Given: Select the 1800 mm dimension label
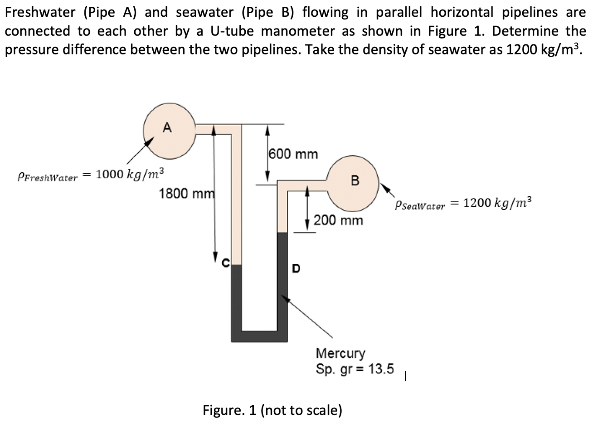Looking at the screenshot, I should [x=186, y=194].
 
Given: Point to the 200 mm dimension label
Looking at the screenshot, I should [x=338, y=220].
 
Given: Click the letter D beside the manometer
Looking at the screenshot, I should [x=296, y=268].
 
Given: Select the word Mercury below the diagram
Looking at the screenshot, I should [x=340, y=352].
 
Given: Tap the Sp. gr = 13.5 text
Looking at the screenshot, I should [x=355, y=369].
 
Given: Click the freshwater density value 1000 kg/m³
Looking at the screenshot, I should [x=130, y=174].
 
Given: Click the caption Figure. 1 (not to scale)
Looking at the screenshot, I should [x=272, y=410].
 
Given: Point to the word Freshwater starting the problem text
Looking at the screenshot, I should [x=40, y=12].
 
